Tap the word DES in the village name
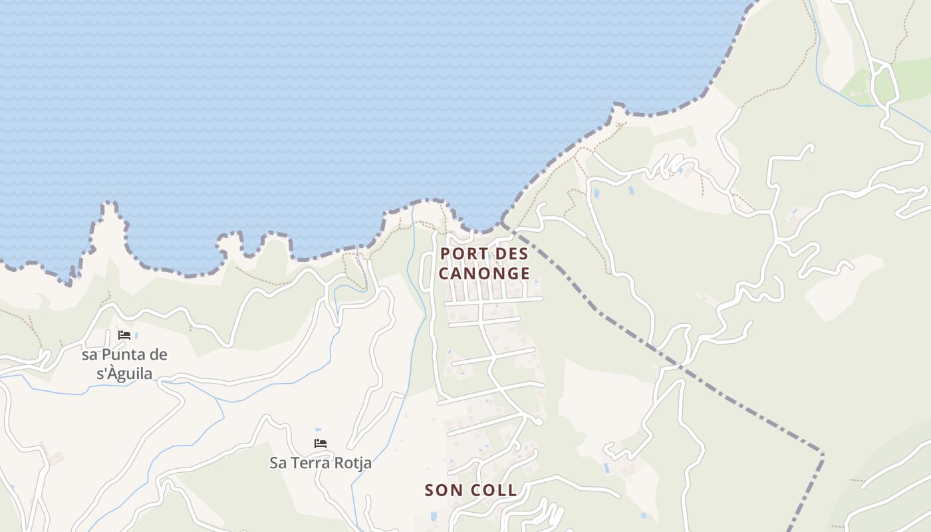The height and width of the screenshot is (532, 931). [512, 253]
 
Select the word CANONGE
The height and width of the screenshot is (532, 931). [485, 273]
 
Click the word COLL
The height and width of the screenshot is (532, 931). [493, 490]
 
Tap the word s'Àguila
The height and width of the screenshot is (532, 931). [124, 374]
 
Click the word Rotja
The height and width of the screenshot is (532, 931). [353, 462]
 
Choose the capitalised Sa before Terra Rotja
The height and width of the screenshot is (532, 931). [278, 462]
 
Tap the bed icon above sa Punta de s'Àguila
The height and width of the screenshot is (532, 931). [124, 335]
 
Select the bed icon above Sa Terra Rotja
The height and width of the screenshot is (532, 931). [321, 443]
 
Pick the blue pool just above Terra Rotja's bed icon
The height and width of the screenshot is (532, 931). [318, 430]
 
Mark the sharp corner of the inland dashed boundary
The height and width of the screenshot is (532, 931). [823, 454]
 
